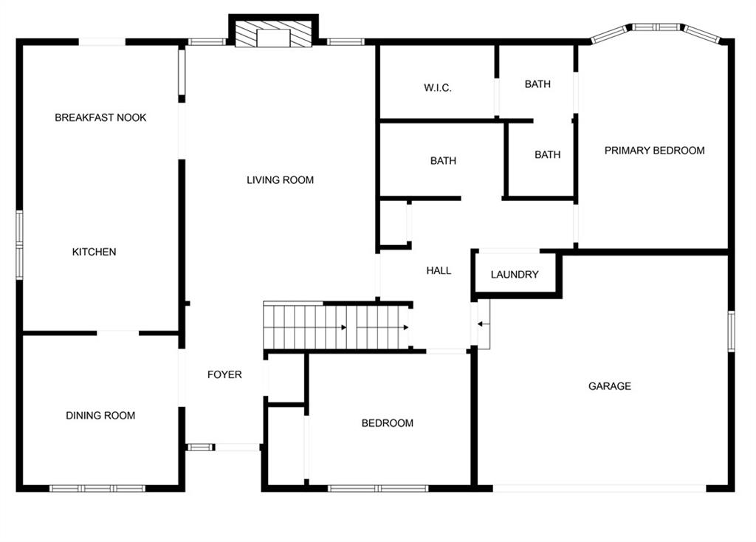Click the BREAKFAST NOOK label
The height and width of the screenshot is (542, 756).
pos(100,117)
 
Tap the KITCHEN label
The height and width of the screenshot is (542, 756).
pos(94,252)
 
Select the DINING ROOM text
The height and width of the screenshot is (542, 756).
pos(100,416)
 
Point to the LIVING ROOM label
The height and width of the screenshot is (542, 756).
pos(280,180)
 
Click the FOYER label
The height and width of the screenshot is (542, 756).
pos(224,374)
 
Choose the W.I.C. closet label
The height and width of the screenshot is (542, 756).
pos(438,88)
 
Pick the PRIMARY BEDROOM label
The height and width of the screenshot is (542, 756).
pos(654,151)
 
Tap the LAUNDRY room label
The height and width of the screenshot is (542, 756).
pos(515,275)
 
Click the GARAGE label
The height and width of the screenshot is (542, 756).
pos(609,385)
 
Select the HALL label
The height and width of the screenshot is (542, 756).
pos(439,270)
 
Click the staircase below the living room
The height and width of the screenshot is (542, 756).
pos(336,326)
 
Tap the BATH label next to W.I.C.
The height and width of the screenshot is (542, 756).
pos(537,84)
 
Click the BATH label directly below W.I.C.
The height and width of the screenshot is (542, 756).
pos(443,160)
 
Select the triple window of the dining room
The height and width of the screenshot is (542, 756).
pos(97,488)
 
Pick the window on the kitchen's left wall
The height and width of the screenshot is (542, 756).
pos(19,245)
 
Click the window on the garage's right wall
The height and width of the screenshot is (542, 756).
pos(732,332)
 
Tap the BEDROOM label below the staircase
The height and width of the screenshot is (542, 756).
pos(387,423)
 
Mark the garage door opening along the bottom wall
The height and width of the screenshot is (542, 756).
pos(599,489)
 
